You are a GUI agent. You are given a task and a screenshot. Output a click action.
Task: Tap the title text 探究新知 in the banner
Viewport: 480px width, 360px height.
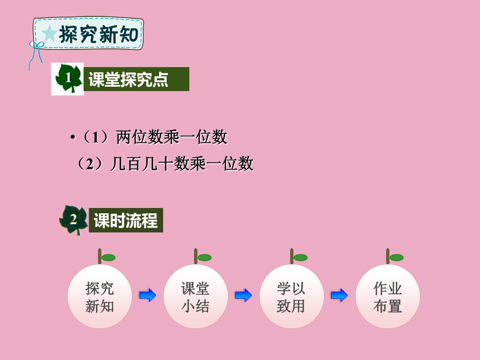coord(99,34)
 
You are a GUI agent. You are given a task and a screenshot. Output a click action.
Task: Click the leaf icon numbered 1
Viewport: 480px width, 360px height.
coord(68,78)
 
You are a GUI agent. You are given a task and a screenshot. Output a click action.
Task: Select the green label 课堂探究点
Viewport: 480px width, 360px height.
coord(136,79)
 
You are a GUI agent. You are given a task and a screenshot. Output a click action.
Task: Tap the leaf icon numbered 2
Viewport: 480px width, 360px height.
coord(73,220)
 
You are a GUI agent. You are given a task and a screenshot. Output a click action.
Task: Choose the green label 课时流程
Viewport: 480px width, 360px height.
coord(126,220)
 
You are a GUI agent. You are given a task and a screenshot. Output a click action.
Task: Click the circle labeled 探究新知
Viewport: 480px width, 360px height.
coord(100,296)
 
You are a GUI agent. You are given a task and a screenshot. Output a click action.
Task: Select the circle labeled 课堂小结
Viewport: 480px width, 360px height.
coord(196,296)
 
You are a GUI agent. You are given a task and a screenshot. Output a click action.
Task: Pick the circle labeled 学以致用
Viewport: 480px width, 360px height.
coord(292,296)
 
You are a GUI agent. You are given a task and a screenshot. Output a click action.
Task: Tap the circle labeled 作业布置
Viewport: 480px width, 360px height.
coord(388,296)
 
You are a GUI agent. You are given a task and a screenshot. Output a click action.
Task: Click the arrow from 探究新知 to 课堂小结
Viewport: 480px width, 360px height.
coord(148,296)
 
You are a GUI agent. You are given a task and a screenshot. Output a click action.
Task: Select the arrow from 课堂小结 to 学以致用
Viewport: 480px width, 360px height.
coord(244,296)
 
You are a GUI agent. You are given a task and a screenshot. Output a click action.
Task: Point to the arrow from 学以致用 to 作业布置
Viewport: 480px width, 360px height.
coord(339,296)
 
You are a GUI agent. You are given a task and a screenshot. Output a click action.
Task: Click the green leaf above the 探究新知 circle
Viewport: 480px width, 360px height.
coord(108,258)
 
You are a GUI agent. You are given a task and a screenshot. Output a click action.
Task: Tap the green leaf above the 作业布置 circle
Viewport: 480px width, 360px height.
coord(396,258)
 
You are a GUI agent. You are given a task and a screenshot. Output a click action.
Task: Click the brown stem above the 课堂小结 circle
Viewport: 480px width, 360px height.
coord(196,256)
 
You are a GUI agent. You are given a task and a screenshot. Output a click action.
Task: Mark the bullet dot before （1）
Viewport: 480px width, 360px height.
coord(72,137)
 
